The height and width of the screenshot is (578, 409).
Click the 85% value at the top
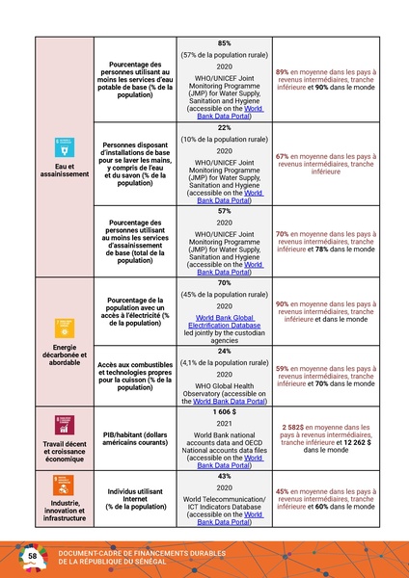click(224, 44)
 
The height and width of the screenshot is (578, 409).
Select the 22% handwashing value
click(224, 127)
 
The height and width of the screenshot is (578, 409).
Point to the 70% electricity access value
click(224, 283)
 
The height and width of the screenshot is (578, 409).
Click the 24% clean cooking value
click(224, 351)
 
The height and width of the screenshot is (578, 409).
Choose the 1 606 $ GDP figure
click(224, 411)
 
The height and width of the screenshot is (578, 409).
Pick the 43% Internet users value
click(224, 476)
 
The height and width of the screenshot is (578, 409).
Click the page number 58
click(33, 557)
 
